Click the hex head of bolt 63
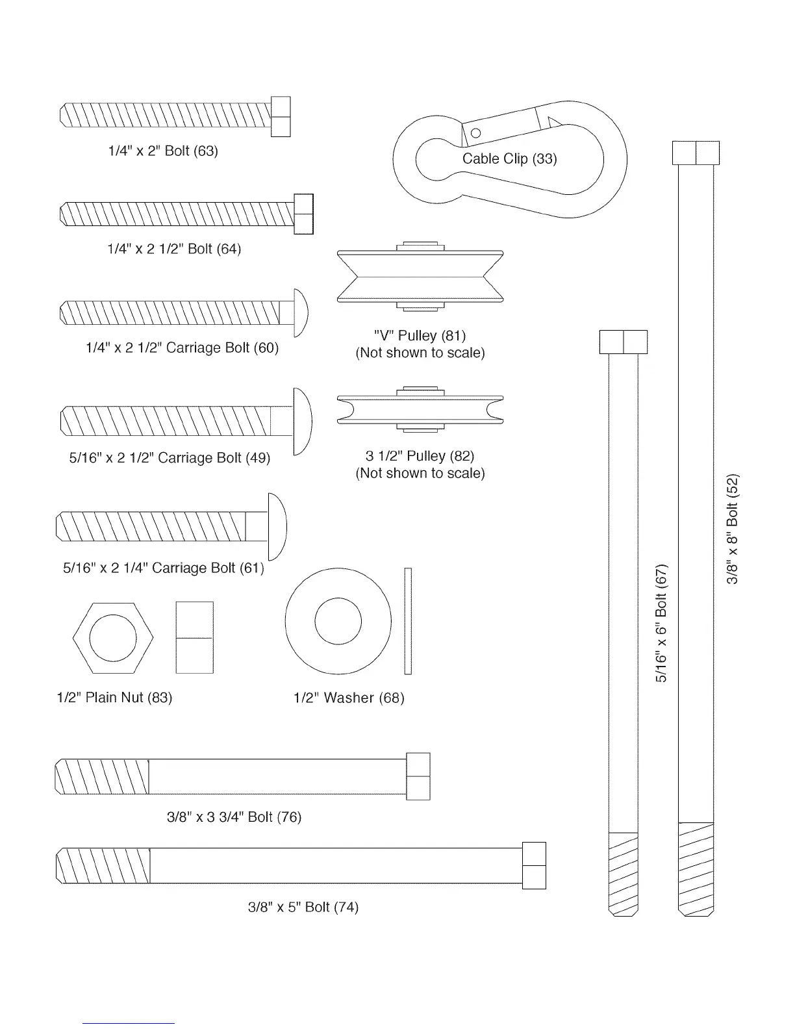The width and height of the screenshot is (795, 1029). tap(280, 117)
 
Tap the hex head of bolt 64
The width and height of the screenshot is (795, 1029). tap(303, 214)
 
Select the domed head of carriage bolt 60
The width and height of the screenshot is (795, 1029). tap(300, 312)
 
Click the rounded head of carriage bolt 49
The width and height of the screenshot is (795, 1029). tap(302, 422)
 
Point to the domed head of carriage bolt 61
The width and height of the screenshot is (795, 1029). tap(277, 527)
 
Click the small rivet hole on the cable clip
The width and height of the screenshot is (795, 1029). tap(475, 133)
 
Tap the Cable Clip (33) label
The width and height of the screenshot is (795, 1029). tap(509, 159)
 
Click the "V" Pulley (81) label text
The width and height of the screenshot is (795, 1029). tap(420, 336)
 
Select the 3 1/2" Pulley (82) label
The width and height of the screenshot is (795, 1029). tap(420, 456)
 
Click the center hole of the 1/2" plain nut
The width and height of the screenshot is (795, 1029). tap(113, 638)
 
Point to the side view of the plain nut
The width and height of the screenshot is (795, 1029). tap(194, 638)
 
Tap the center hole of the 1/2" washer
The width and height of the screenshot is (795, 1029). tap(338, 621)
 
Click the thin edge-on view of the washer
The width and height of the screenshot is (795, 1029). tap(408, 621)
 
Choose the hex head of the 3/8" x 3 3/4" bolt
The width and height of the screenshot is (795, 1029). tap(418, 776)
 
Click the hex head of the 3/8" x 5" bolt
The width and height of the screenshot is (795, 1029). tap(534, 865)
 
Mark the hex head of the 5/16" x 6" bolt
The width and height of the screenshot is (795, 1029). tap(624, 342)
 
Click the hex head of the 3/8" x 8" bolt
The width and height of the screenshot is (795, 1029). tap(696, 153)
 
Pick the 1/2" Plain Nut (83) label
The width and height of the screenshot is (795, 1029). tap(114, 698)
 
